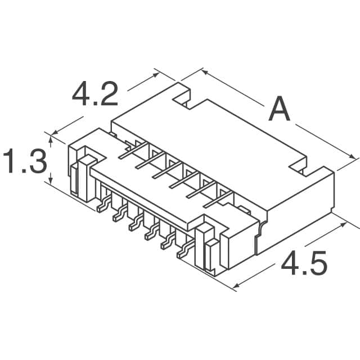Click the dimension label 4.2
pyautogui.click(x=95, y=94)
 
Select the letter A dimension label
pyautogui.click(x=280, y=110)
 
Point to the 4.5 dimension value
pyautogui.click(x=303, y=263)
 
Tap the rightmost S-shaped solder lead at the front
pyautogui.click(x=183, y=251)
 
